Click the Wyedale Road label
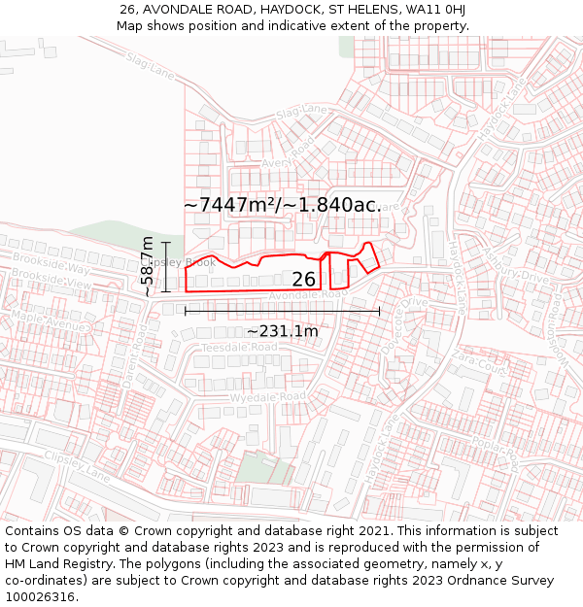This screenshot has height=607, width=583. point(267,397)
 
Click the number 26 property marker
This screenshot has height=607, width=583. point(304,280)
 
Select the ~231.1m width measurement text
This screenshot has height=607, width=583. point(282,332)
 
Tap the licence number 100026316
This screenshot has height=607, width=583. point(42,597)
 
